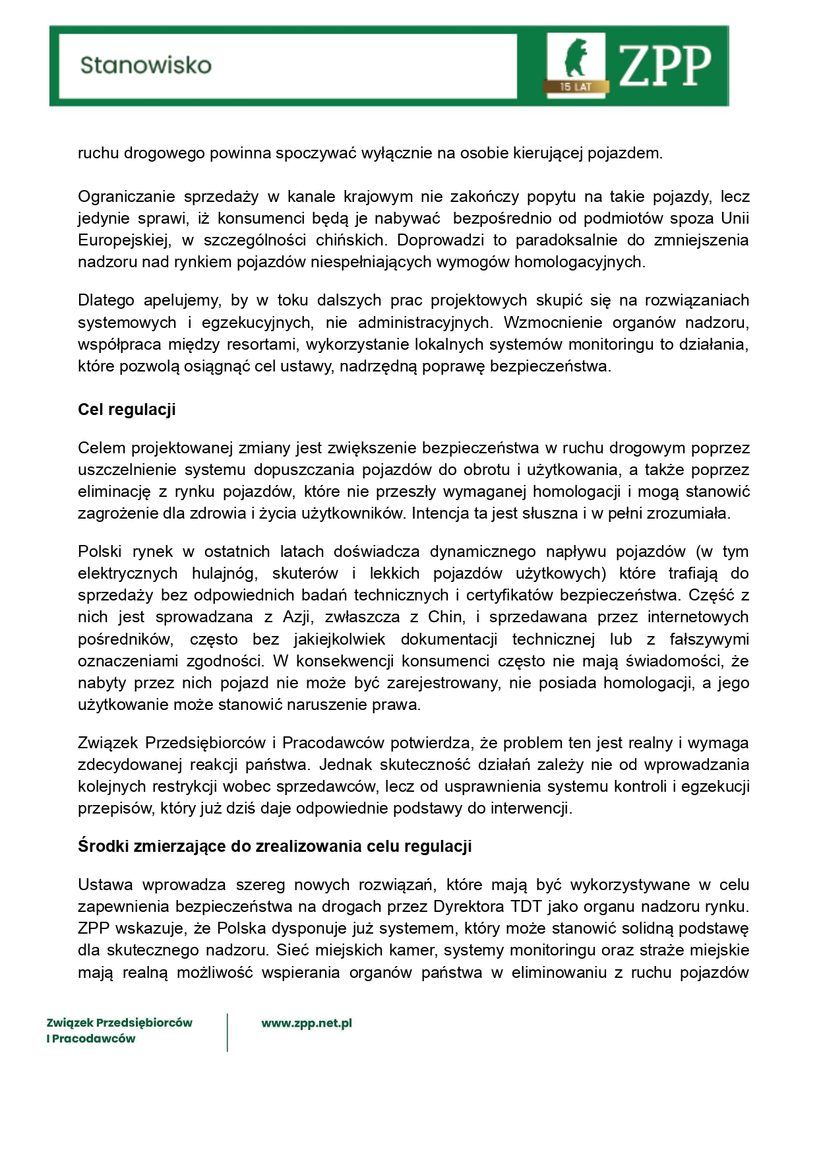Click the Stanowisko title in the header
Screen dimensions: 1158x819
[x=146, y=65]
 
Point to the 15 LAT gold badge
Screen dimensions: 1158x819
[x=575, y=86]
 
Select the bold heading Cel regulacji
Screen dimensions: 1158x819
[x=127, y=410]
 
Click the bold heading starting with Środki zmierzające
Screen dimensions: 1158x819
[x=274, y=847]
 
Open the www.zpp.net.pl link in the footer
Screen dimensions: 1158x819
[x=307, y=1023]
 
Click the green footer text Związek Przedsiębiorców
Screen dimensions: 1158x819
[x=119, y=1023]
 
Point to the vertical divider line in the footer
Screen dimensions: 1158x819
[x=228, y=1032]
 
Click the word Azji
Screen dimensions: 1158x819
[x=297, y=617]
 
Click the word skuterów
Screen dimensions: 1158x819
[x=305, y=573]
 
